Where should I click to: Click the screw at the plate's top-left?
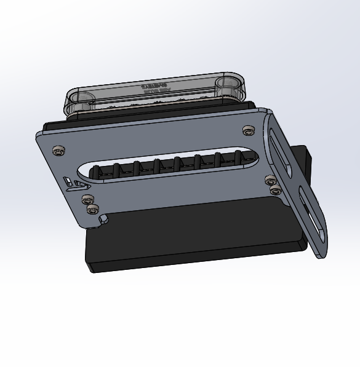pos(58,150)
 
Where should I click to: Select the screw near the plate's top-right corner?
pos(248,130)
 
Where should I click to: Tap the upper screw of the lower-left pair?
pos(87,199)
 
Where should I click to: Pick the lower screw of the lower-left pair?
pos(93,210)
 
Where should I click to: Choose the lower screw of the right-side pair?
pos(275,191)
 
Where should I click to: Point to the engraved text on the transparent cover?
pos(156,88)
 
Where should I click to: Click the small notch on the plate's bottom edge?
pos(106,218)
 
